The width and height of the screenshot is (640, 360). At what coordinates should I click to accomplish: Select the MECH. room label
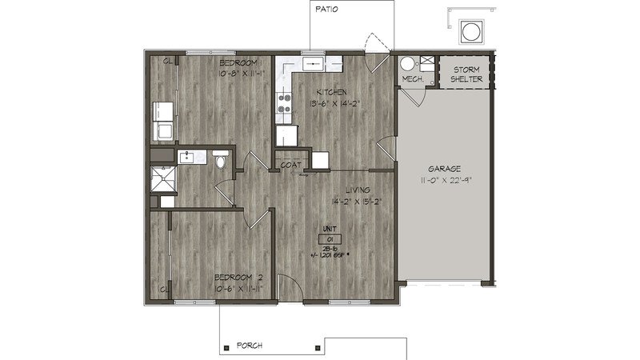(x=412, y=79)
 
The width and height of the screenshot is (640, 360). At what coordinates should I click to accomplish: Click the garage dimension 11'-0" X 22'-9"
(x=443, y=181)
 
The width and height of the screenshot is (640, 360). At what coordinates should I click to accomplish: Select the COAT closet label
(x=290, y=165)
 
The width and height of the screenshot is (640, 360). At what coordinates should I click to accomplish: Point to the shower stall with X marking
(x=163, y=182)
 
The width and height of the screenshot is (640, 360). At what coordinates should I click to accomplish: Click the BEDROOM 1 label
(x=239, y=62)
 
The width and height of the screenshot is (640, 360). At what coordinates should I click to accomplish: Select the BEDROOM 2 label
(x=239, y=277)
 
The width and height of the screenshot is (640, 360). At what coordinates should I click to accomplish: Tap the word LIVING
(x=356, y=190)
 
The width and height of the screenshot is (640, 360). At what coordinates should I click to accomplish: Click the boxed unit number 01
(x=330, y=239)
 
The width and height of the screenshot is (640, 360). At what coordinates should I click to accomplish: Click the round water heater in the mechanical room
(x=409, y=64)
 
